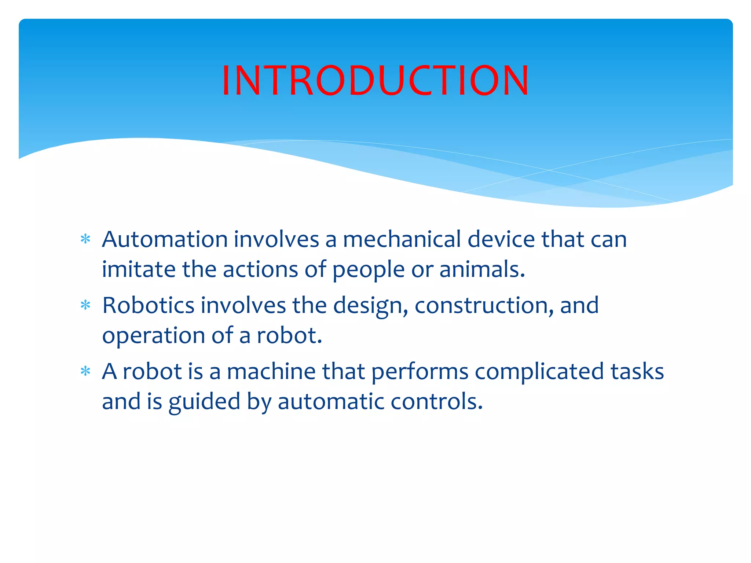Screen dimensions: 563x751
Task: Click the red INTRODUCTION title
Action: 375,80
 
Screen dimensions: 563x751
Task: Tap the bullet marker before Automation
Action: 85,239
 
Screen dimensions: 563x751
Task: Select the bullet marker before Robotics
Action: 85,305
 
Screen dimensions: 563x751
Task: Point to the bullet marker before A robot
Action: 85,371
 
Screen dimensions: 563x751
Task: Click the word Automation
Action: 165,239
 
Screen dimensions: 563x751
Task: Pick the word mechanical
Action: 402,239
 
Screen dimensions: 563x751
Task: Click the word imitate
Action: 139,269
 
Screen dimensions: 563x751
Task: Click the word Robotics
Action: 148,305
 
